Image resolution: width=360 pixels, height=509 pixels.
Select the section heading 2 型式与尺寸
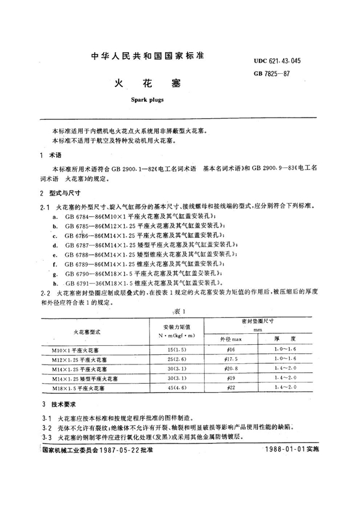click(55, 194)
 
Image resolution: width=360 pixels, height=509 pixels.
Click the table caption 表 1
click(181, 312)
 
